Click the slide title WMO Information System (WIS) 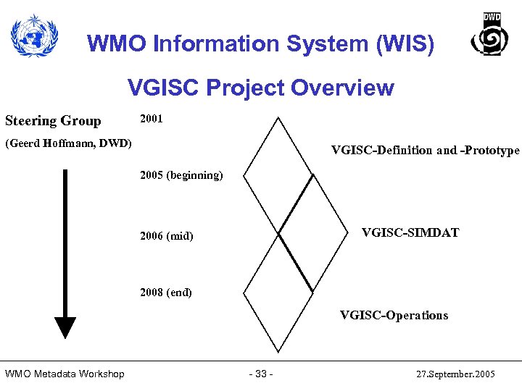tap(261, 44)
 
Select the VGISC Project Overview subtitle tap(261, 88)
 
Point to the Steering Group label tap(53, 120)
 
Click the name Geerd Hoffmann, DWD tap(69, 143)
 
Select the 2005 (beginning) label tap(181, 176)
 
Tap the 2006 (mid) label tap(166, 236)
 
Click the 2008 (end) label tap(165, 293)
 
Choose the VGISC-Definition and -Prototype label tap(425, 151)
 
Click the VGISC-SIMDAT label tap(410, 232)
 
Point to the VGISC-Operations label tap(394, 315)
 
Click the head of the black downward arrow tap(65, 327)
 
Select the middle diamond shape tap(312, 233)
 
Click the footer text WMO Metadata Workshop tap(65, 374)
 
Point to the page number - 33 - tap(260, 374)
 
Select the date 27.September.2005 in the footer tap(456, 374)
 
